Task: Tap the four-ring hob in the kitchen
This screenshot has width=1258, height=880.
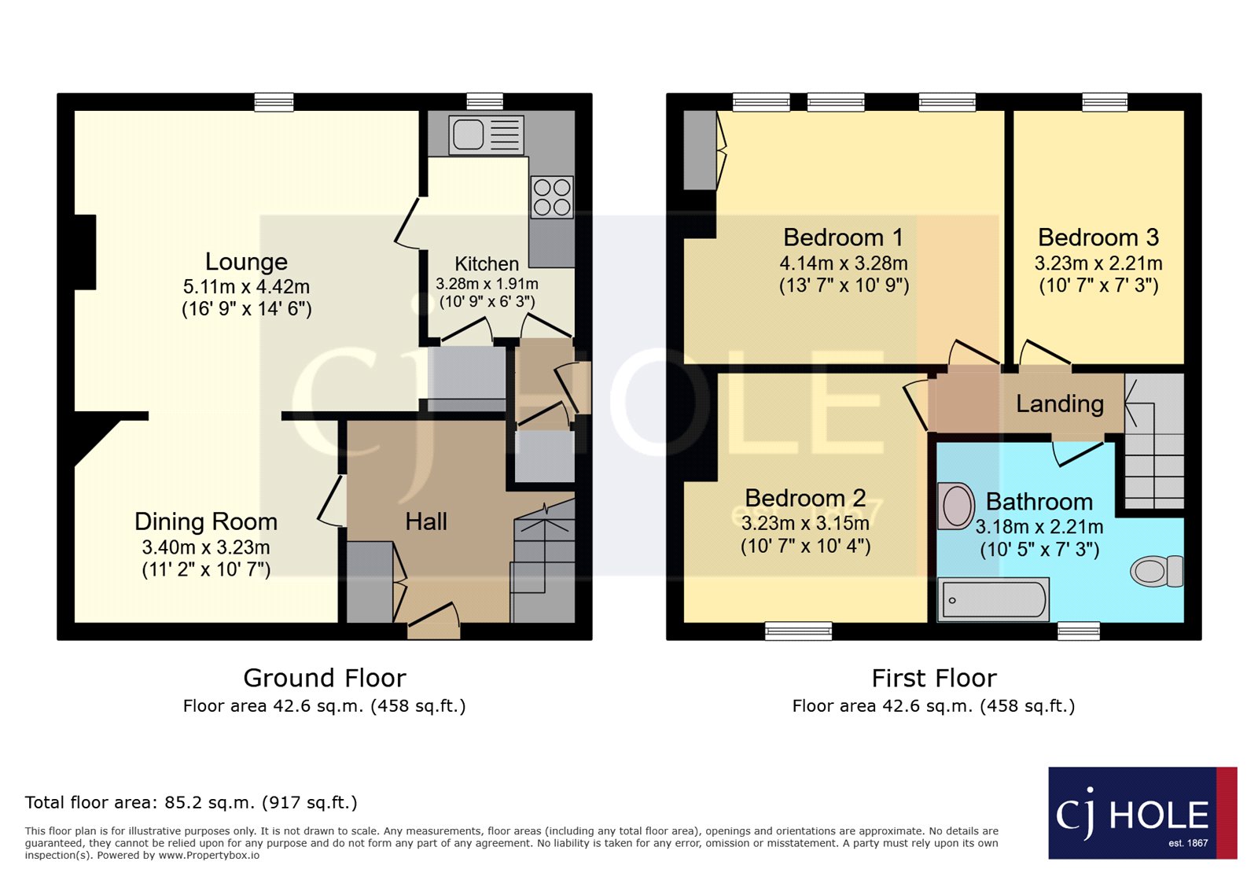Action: tap(552, 197)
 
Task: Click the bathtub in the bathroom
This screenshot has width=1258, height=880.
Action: tap(993, 600)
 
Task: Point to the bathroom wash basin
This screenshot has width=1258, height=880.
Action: tap(957, 505)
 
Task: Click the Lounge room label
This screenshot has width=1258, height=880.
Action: tap(246, 262)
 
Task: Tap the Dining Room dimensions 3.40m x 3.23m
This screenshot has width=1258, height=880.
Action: tap(206, 547)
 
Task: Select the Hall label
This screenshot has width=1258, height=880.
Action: tap(425, 521)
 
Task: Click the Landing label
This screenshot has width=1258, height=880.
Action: tap(1059, 403)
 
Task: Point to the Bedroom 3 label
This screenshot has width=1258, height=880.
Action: tap(1098, 237)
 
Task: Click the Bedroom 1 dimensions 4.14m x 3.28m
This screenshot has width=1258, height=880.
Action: tap(843, 263)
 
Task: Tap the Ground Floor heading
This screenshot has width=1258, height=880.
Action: tap(324, 678)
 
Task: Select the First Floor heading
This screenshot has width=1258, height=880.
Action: tap(933, 678)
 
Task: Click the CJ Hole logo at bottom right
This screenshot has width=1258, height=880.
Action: tap(1142, 813)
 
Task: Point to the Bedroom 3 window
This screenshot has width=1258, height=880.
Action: tap(1105, 101)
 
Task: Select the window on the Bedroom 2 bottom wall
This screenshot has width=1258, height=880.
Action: tap(798, 631)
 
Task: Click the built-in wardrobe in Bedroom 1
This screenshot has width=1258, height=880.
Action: tap(699, 150)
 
